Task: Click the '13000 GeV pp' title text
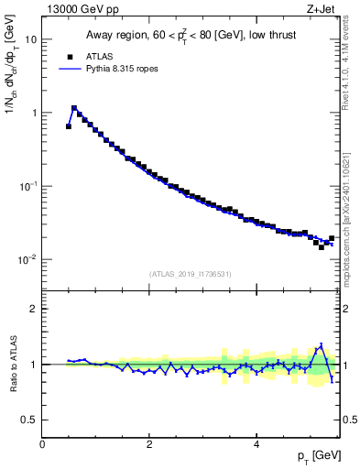(80, 9)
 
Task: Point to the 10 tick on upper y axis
(31, 39)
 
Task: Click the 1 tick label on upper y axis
(34, 113)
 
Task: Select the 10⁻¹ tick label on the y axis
(29, 186)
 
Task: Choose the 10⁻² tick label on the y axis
(29, 259)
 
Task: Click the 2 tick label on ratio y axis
(34, 309)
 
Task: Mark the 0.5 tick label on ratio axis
(30, 420)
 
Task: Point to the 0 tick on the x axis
(42, 442)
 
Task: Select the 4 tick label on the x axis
(256, 442)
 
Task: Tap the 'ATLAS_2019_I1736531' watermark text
(191, 274)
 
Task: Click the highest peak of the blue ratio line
(321, 345)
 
